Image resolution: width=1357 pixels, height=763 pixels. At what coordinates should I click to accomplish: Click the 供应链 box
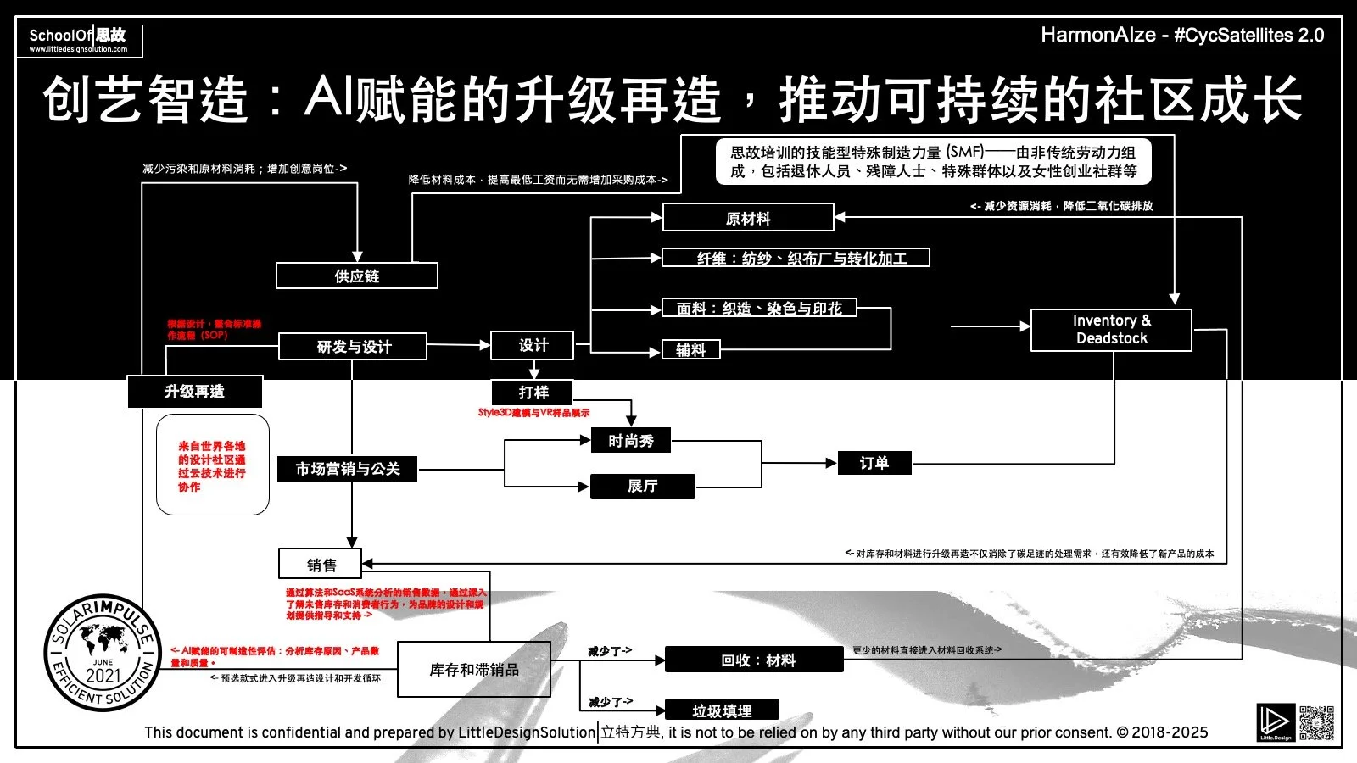click(x=356, y=276)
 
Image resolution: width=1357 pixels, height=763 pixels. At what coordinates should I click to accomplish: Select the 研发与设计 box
click(x=353, y=347)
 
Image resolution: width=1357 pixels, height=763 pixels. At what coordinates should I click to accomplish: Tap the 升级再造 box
click(x=194, y=392)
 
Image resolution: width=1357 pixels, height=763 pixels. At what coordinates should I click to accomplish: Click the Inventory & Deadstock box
click(x=1111, y=330)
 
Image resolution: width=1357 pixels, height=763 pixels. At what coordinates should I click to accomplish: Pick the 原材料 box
click(x=748, y=218)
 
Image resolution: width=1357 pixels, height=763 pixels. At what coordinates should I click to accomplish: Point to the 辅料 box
click(x=690, y=349)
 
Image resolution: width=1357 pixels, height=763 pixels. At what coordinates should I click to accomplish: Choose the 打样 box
click(x=533, y=393)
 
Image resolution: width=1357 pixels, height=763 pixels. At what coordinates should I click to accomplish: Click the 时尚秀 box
click(x=630, y=441)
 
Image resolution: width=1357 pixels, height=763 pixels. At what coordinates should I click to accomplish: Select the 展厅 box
click(x=642, y=486)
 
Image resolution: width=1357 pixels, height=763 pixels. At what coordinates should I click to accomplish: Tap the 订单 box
click(x=874, y=463)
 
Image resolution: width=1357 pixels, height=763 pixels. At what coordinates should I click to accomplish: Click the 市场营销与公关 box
click(x=347, y=469)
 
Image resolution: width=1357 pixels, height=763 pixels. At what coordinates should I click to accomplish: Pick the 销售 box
click(x=321, y=565)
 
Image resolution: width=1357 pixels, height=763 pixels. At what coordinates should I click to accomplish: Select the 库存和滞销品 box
click(x=473, y=670)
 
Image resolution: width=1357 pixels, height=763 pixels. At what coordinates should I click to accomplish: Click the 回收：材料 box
click(x=754, y=660)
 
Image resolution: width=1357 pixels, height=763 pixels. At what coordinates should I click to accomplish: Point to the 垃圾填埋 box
click(x=722, y=710)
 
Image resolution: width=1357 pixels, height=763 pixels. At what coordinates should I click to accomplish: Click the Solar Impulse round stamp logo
click(x=103, y=653)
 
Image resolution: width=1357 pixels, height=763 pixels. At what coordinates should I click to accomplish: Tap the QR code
click(x=1316, y=722)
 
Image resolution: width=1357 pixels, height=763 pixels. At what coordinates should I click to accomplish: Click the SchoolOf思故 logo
click(x=79, y=40)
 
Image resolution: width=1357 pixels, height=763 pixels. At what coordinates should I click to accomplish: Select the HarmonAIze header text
click(x=1181, y=35)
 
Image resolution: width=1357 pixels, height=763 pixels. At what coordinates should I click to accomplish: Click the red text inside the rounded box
click(x=212, y=465)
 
